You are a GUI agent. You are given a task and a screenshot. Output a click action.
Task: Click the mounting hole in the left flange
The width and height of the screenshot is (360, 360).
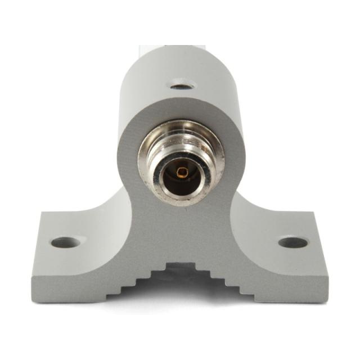coord(66,242)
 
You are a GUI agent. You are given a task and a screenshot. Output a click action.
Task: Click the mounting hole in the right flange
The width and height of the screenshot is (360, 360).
coord(293,242)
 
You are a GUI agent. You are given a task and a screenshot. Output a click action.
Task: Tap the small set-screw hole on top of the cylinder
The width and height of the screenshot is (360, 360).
coord(181,87)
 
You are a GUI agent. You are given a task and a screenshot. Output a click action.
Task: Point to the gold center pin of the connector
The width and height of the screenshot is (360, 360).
coord(181,172)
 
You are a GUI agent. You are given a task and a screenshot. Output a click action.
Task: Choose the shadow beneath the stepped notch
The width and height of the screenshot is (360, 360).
coord(180,281)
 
